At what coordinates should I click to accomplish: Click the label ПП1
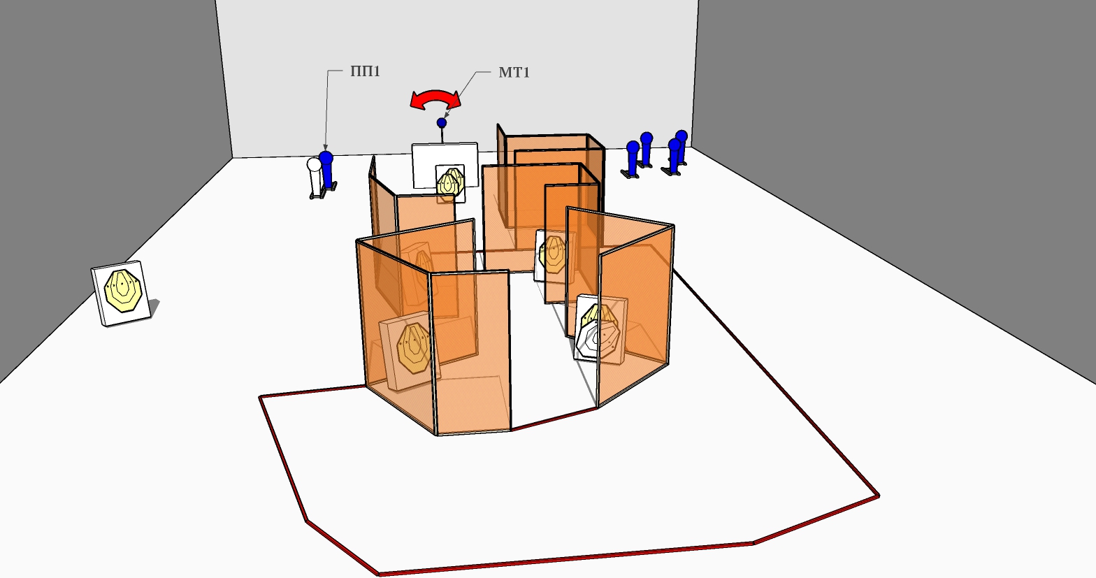(365, 71)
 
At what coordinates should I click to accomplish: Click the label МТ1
(514, 73)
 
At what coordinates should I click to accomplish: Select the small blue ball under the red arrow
(442, 122)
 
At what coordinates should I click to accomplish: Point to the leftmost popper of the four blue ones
(633, 157)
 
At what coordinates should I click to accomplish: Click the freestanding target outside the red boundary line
(122, 293)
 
